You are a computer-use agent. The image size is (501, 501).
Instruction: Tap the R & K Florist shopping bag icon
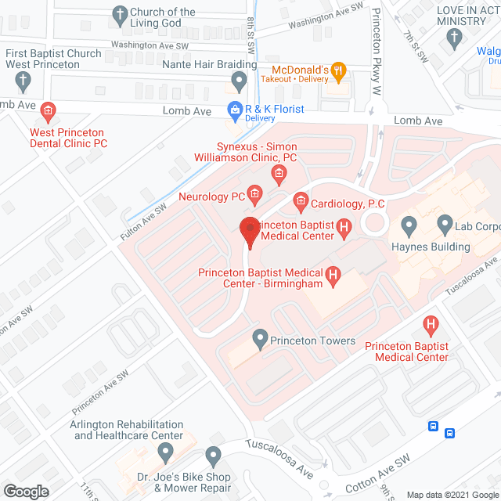point(233,110)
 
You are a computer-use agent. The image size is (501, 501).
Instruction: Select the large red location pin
point(250,232)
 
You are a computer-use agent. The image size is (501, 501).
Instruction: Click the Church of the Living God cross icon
point(119,14)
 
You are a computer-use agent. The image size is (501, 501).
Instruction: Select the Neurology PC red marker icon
point(254,193)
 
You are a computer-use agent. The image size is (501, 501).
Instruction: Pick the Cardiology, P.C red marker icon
point(300,202)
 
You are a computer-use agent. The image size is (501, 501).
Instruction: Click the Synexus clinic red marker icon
point(276,173)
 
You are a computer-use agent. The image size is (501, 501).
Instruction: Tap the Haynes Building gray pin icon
point(408,227)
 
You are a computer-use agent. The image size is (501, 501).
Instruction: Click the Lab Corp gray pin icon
point(445,226)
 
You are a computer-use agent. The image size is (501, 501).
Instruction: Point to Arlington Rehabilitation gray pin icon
point(165,452)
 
